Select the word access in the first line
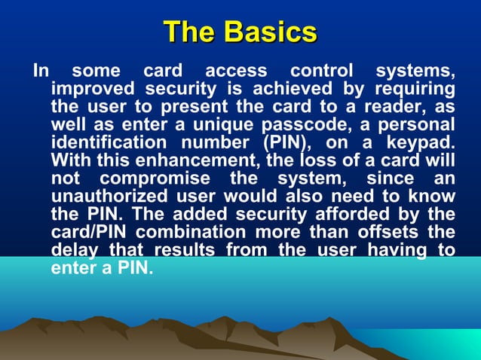click(x=236, y=72)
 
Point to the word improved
click(x=92, y=90)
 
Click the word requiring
click(x=412, y=90)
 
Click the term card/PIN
click(x=89, y=231)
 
